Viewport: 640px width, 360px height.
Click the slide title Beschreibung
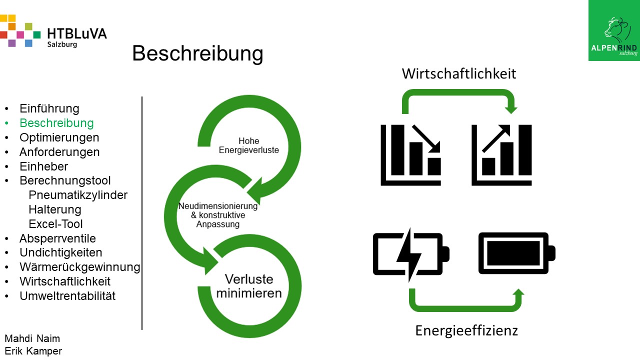pos(197,53)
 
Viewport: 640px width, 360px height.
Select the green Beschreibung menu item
pos(56,123)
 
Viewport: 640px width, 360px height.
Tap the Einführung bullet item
pos(49,108)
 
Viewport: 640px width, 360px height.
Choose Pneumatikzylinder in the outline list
pos(78,195)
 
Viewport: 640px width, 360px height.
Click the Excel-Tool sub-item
pos(55,224)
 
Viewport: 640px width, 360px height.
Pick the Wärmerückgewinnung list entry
pos(80,267)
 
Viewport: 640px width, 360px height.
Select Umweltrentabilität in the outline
pos(67,296)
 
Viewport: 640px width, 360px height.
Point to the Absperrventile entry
pos(57,238)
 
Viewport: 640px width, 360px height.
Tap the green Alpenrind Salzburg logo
pos(614,30)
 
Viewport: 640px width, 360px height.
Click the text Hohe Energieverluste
pos(248,145)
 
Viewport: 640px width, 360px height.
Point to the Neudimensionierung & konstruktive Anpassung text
pos(218,215)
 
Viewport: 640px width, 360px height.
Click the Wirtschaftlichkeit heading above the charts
pos(459,74)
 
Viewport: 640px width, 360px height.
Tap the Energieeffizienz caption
pos(466,330)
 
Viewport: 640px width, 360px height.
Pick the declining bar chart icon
pos(411,155)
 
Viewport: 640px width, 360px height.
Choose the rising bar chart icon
pos(501,155)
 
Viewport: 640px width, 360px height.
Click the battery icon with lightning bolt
pos(411,254)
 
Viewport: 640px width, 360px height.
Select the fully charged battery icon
pos(516,253)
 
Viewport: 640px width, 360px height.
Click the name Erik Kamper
pos(33,351)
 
